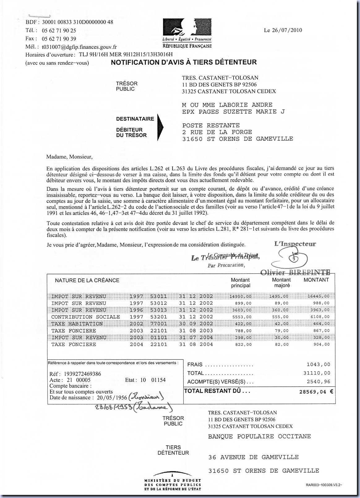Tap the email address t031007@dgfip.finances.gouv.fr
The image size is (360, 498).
79,47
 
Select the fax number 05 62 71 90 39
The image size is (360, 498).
59,39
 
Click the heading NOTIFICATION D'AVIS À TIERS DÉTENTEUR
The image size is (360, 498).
184,62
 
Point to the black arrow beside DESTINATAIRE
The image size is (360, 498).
160,127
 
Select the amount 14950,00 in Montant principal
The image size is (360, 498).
240,296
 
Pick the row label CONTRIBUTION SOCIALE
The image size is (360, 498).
85,317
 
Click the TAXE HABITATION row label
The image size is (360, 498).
77,324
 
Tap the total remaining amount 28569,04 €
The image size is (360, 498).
316,392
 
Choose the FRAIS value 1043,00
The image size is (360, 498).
318,364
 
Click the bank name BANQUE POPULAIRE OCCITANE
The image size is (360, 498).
259,436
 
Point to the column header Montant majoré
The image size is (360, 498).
281,282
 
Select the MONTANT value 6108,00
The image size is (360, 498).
318,317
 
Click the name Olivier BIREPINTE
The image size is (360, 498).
295,273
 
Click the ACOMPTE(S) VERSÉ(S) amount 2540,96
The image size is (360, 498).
318,382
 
